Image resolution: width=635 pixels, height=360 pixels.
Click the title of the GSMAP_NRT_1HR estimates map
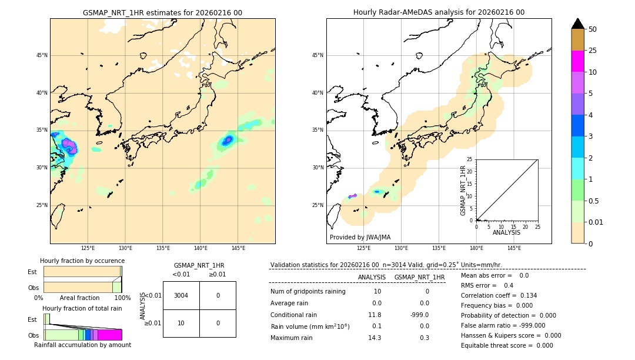(162, 12)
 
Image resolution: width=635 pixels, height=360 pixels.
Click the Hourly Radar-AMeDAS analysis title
(439, 12)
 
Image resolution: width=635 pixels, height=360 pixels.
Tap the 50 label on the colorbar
(593, 29)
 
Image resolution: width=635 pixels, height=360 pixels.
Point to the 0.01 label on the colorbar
(596, 222)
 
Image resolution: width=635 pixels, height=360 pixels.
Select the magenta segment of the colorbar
(577, 61)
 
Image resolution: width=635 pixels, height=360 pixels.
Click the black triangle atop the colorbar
(577, 24)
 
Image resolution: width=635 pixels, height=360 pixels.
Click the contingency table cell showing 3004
(181, 295)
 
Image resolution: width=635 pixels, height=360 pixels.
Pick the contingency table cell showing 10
(181, 323)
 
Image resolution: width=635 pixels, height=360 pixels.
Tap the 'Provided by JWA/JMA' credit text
(360, 237)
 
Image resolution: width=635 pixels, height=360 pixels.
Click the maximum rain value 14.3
(374, 338)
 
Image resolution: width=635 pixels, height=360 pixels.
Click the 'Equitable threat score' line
(507, 345)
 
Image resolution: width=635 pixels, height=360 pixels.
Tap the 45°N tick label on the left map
(42, 55)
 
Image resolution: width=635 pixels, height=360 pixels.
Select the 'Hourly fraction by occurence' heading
(82, 261)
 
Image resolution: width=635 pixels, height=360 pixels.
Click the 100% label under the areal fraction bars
(122, 298)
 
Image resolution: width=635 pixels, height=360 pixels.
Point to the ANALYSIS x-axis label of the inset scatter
(506, 232)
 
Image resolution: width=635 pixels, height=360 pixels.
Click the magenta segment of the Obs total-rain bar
(110, 335)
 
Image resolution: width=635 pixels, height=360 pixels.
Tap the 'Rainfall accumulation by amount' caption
(82, 345)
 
